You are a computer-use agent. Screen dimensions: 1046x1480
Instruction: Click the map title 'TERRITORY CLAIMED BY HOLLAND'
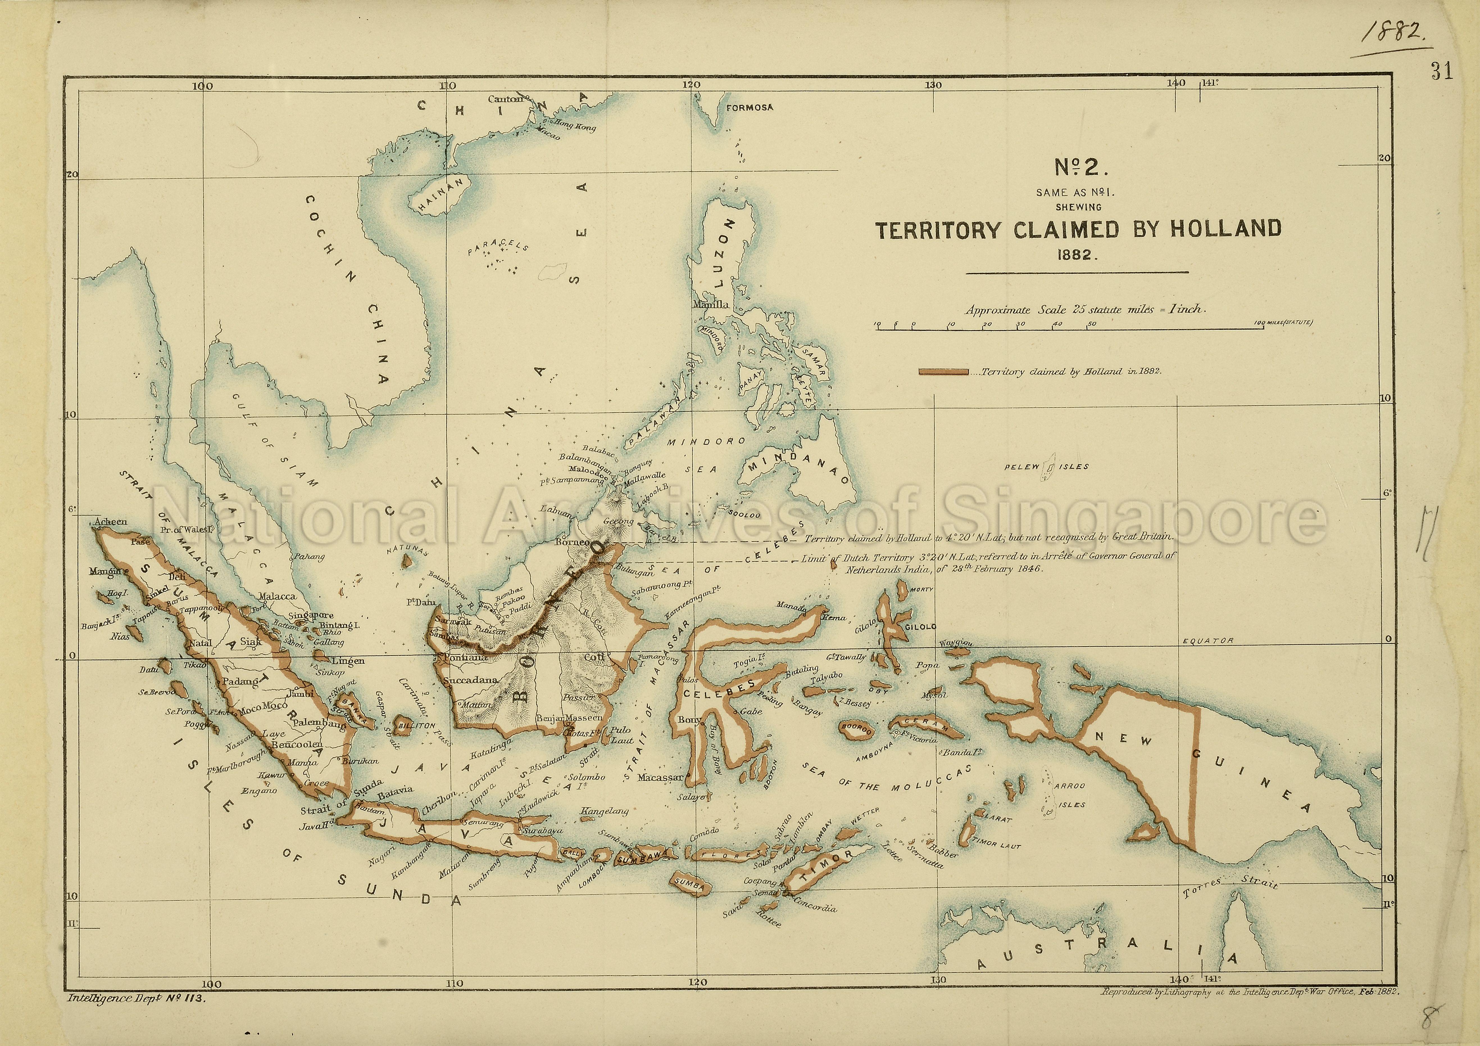coord(1078,230)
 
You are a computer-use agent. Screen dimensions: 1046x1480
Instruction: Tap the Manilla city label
coord(711,304)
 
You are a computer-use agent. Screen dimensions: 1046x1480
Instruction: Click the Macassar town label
coord(660,777)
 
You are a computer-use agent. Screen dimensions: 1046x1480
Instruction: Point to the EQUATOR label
coord(1208,641)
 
